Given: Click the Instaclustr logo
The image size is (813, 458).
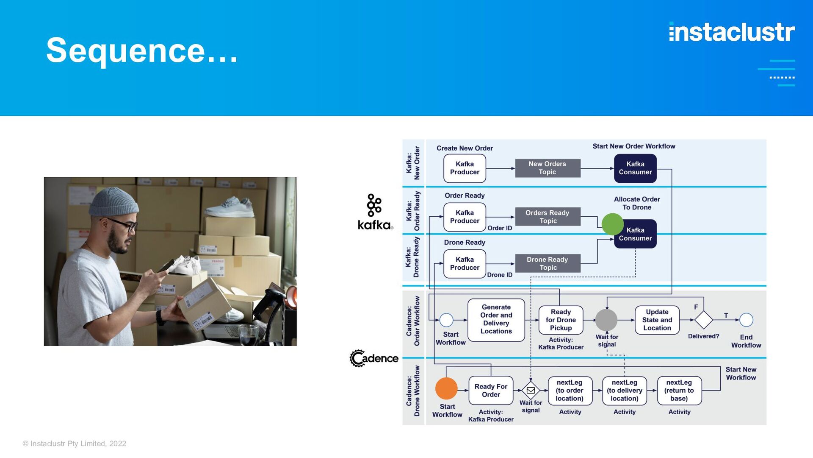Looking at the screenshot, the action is (x=732, y=32).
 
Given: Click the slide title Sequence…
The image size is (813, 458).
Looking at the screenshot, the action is (x=142, y=50).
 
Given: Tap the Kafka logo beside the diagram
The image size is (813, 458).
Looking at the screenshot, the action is (x=375, y=212).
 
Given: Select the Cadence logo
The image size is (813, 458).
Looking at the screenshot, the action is (x=374, y=358).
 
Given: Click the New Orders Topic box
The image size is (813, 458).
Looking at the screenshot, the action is (x=548, y=168).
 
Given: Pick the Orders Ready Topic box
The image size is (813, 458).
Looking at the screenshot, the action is (x=548, y=217).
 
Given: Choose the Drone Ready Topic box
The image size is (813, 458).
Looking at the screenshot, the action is (x=548, y=263).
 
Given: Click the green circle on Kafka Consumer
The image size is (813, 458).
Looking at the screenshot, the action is (x=612, y=224).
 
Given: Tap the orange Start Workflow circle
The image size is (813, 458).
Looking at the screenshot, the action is (x=446, y=388).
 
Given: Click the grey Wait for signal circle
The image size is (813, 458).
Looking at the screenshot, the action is (x=606, y=320).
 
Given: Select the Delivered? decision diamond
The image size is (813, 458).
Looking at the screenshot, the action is (x=703, y=320).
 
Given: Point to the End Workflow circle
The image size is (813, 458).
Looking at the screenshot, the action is (x=746, y=320).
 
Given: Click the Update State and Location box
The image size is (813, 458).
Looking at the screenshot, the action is (x=657, y=320).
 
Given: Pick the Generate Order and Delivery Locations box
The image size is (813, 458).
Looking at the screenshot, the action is (x=496, y=320).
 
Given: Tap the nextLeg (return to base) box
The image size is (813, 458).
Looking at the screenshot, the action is (x=679, y=391).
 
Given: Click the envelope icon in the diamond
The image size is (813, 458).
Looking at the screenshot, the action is (x=531, y=390).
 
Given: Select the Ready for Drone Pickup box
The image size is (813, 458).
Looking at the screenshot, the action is (x=561, y=320).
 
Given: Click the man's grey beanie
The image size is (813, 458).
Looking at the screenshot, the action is (x=113, y=202).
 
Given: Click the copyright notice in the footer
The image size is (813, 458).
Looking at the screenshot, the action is (x=75, y=444).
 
